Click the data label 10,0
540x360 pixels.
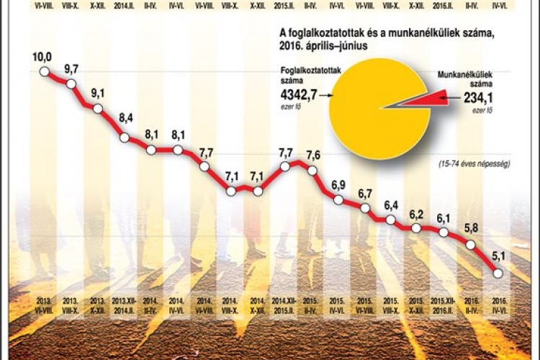pos(42,58)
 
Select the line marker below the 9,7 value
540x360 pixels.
pos(71,84)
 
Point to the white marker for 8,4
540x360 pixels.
pos(125,138)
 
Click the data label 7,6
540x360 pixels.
pos(313,156)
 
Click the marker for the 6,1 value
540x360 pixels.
pos(444,233)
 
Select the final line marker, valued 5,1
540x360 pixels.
pos(498,273)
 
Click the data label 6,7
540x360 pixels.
pos(365,194)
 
